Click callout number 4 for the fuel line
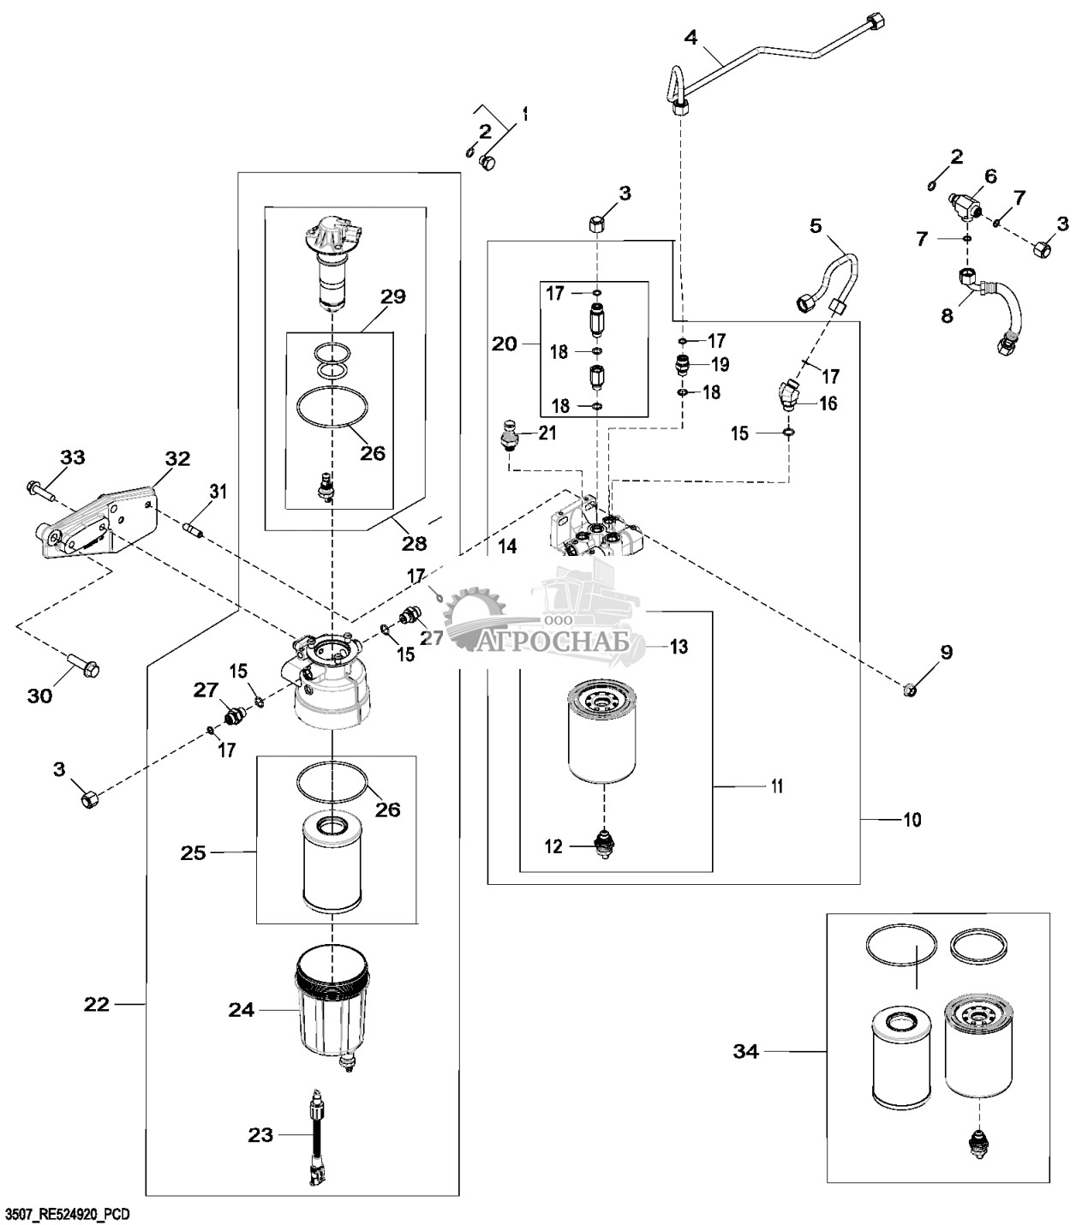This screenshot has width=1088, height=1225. (x=691, y=37)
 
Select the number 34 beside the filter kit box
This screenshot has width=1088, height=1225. (x=746, y=1051)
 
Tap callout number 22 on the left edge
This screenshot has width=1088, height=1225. (x=97, y=1003)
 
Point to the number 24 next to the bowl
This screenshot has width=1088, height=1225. (x=242, y=1010)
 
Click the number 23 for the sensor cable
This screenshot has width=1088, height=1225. (x=260, y=1135)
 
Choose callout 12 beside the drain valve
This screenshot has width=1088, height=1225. (x=553, y=846)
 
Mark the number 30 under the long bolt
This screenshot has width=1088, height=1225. (x=39, y=696)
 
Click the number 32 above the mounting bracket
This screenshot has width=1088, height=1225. (x=177, y=458)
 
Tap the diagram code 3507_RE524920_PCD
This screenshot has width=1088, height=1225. (x=68, y=1215)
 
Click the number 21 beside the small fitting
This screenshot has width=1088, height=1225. (x=547, y=433)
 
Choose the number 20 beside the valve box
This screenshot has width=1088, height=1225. (x=505, y=344)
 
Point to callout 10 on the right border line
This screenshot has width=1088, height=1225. (x=912, y=820)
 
